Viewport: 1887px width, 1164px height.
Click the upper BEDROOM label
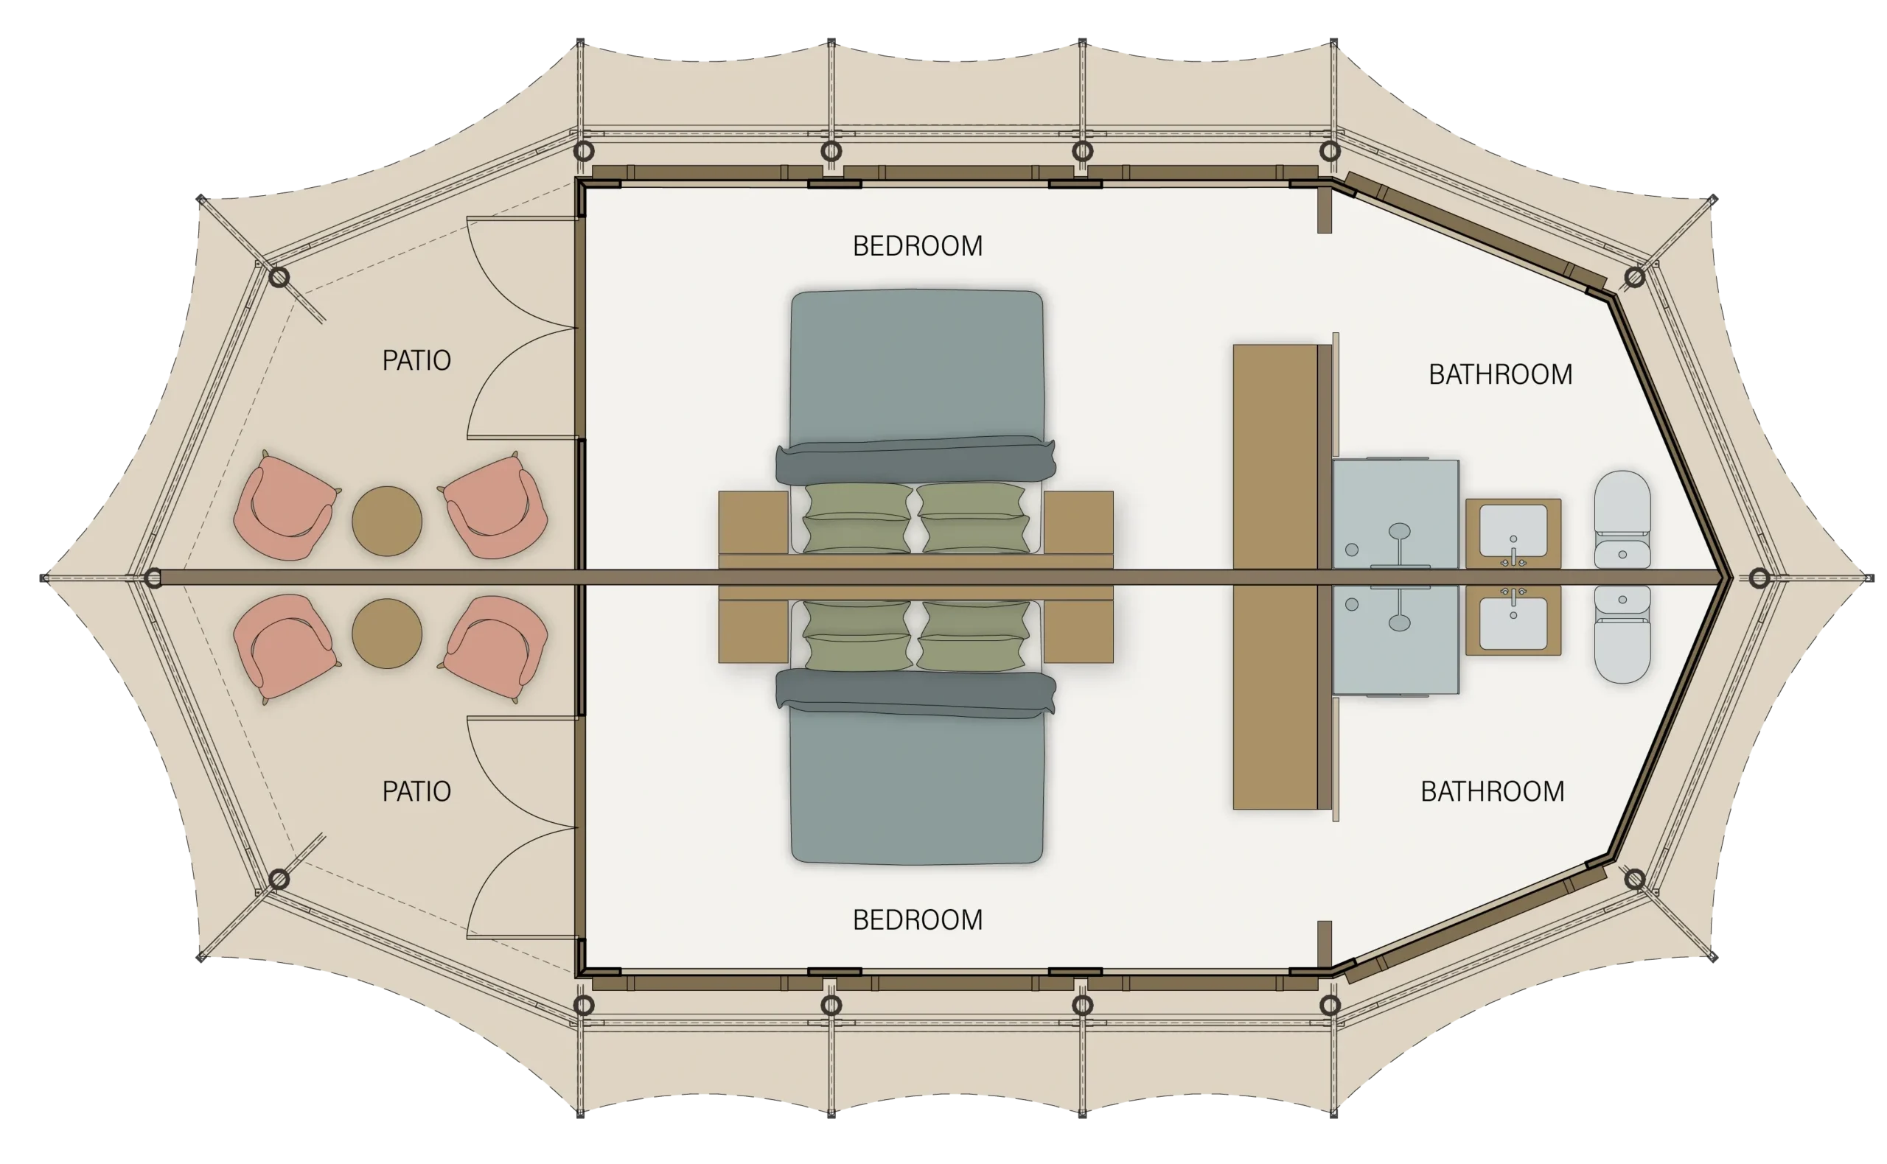click(917, 246)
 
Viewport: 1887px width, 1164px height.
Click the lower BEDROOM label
click(917, 920)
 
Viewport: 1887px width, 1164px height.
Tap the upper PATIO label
click(416, 360)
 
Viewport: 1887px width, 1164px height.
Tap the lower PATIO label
click(416, 791)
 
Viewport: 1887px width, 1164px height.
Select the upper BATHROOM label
click(1500, 375)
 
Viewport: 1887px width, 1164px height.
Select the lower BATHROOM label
click(1493, 791)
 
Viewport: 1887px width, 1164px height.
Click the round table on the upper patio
click(387, 520)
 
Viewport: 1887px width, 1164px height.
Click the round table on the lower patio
click(387, 634)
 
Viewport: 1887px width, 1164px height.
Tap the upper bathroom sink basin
click(1513, 530)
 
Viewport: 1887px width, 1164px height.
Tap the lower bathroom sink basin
click(1513, 623)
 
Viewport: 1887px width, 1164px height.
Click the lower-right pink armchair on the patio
click(497, 647)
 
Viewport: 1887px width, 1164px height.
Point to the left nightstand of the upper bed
click(753, 522)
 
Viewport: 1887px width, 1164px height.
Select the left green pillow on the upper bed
click(857, 517)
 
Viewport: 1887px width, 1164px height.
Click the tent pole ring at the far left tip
click(153, 578)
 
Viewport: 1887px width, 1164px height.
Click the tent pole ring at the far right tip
click(1759, 578)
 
